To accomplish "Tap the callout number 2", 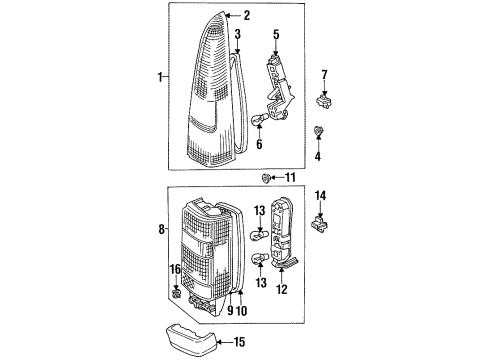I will [x=246, y=16].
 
